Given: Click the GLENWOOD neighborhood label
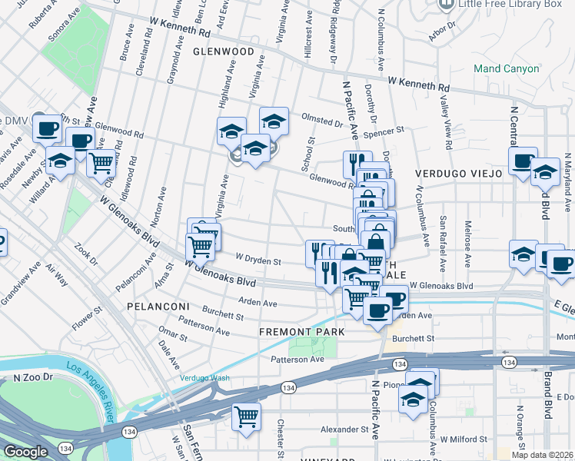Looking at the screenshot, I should click(x=223, y=51).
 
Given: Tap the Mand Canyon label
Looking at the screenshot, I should click(x=507, y=69).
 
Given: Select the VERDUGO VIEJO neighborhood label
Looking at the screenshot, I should click(x=459, y=174).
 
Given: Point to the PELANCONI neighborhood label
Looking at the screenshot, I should click(x=158, y=307).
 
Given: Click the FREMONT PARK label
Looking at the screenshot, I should click(x=301, y=332).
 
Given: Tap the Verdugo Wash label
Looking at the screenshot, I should click(x=205, y=378).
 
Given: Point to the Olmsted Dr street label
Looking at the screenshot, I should click(x=322, y=122).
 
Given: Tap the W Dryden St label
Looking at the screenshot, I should click(x=258, y=260).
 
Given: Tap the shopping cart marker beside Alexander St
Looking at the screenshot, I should click(x=246, y=417).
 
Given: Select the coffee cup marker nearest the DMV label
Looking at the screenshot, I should click(x=48, y=128).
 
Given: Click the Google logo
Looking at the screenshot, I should click(x=26, y=451).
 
